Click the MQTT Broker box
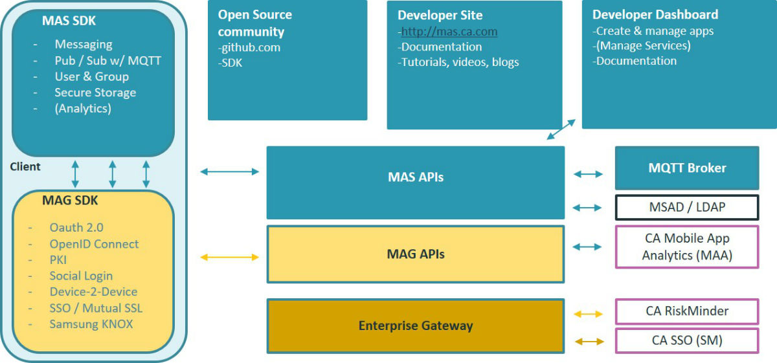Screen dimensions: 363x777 686,168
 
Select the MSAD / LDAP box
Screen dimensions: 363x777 686,208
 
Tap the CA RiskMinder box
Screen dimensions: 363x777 686,311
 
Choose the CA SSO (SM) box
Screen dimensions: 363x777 686,340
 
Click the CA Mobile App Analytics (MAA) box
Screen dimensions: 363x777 686,247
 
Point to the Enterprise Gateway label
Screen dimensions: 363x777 415,325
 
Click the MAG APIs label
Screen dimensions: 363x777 415,254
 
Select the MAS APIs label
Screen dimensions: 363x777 415,177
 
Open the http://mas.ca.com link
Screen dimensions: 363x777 449,32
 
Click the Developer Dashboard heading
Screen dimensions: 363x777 655,14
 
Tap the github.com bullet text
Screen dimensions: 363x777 250,47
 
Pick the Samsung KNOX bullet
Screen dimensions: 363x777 91,324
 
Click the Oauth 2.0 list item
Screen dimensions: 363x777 76,228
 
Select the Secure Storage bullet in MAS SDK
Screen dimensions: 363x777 95,93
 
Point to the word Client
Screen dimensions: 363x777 25,167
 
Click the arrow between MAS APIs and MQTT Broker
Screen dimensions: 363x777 589,174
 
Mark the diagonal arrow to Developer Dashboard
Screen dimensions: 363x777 561,129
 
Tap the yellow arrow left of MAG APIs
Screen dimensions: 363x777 230,258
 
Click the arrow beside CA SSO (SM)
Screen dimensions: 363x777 589,341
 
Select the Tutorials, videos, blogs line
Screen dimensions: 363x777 459,63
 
